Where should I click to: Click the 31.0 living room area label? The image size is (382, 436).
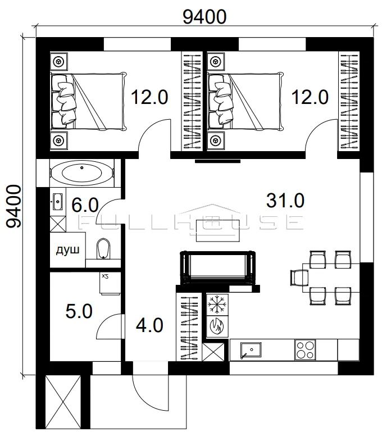tap(285, 201)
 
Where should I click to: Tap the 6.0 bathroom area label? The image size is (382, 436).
tap(85, 205)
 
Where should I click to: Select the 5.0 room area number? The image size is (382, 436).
tap(79, 311)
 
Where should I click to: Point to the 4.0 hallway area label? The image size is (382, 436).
tap(149, 325)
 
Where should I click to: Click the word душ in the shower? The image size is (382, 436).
tap(67, 250)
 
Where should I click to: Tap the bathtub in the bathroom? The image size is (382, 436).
tap(82, 173)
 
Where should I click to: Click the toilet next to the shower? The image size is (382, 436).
tap(103, 248)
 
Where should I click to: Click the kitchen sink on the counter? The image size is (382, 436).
tap(251, 351)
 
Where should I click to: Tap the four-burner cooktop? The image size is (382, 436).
tap(305, 350)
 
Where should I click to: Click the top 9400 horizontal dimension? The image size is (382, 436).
tap(204, 17)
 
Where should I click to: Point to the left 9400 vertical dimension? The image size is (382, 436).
tap(14, 206)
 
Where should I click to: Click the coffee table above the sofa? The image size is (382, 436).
tap(218, 231)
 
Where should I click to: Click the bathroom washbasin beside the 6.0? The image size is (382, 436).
tap(57, 201)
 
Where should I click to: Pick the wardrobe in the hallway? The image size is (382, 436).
tap(189, 327)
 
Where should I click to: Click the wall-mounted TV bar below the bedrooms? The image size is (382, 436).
tap(218, 161)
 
